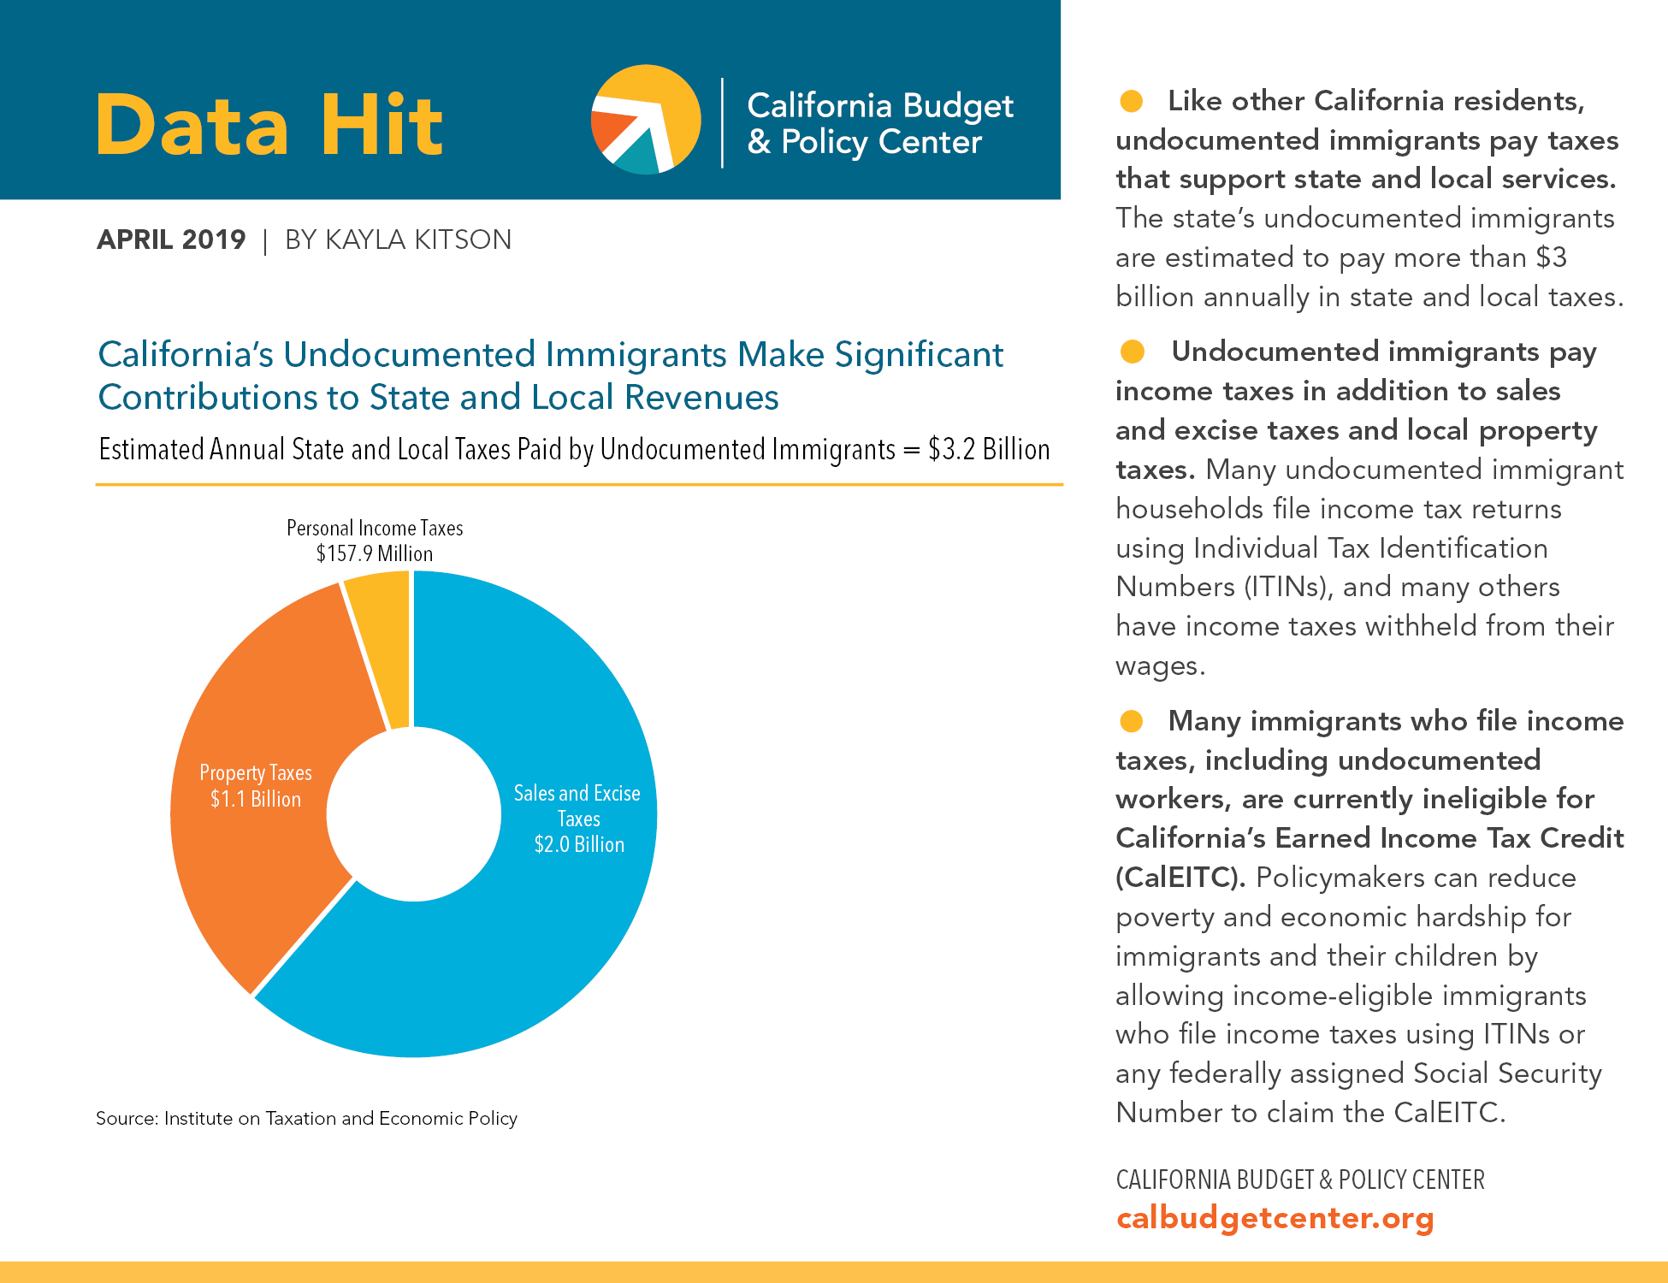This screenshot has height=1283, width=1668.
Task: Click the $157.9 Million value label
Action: [375, 553]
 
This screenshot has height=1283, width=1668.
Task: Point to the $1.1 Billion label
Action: [256, 799]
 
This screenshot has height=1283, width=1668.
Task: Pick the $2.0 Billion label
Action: [579, 844]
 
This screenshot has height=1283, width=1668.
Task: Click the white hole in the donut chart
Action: [413, 814]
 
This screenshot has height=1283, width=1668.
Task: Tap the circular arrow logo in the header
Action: [646, 119]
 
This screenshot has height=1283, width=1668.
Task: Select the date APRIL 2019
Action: [171, 239]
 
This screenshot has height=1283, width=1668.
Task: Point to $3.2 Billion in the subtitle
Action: [989, 449]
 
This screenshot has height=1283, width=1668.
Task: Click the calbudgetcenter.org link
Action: [1275, 1217]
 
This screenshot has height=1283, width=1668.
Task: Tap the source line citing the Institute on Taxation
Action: [306, 1118]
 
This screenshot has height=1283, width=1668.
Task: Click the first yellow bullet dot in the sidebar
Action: [1131, 101]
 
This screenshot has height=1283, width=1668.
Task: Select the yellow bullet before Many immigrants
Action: [1131, 721]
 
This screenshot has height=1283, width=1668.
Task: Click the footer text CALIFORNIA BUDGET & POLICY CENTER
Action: [1299, 1180]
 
